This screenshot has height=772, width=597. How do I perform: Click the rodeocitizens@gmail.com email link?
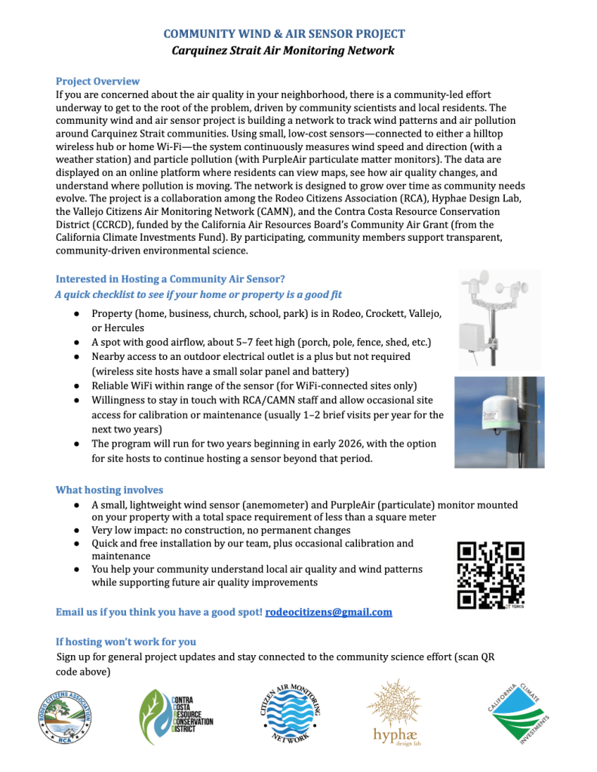tap(328, 612)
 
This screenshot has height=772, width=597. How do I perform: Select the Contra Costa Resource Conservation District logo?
tap(176, 716)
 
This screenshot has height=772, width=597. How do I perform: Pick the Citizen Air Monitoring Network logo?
tap(294, 713)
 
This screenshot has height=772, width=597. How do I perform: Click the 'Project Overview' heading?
tap(97, 81)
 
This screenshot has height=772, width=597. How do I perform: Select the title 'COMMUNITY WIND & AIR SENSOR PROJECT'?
tap(285, 34)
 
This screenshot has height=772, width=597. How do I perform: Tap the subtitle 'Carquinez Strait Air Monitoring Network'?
tap(285, 51)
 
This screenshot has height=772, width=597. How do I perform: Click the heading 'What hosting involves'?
tap(109, 490)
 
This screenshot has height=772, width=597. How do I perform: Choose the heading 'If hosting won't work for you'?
tap(125, 641)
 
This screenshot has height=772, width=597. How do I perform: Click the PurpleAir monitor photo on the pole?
tap(499, 421)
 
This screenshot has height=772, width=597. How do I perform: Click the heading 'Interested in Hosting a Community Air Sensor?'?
tap(170, 279)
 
